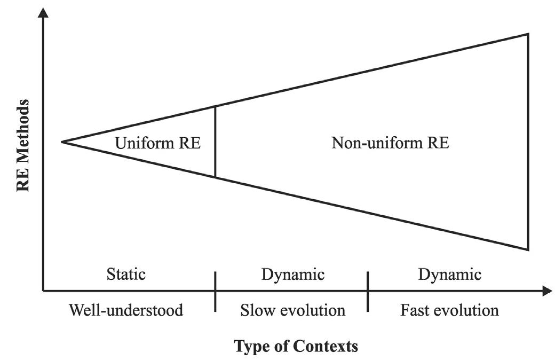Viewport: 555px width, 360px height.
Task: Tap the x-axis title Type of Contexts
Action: [296, 346]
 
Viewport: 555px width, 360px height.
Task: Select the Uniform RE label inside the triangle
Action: [158, 143]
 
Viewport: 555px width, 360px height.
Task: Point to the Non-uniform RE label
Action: [390, 143]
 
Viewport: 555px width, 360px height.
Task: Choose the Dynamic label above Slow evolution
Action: [293, 275]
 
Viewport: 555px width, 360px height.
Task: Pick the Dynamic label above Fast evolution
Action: [450, 275]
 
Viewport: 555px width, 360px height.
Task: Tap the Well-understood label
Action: [126, 310]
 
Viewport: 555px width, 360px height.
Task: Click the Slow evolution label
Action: [293, 310]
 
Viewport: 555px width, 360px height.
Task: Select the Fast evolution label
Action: [450, 310]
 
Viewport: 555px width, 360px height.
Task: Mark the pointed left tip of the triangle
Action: [62, 142]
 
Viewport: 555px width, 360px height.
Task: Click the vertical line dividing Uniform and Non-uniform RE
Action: [215, 142]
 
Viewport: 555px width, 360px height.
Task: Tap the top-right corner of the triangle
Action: [528, 34]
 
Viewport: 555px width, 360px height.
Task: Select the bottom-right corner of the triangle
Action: [528, 249]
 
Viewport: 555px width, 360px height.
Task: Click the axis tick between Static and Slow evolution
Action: [215, 291]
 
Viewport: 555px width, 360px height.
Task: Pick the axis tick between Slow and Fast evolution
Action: [368, 291]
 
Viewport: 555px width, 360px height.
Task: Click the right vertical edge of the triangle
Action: [528, 142]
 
